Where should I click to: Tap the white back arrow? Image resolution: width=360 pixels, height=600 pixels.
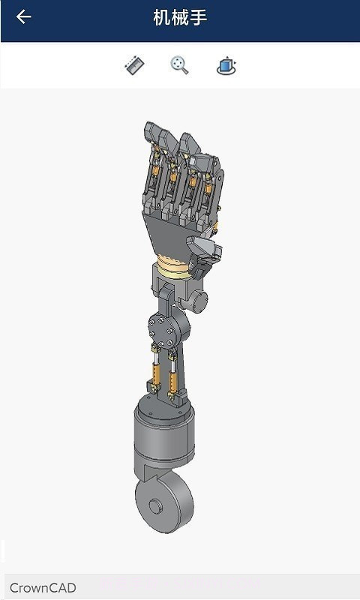pyautogui.click(x=24, y=17)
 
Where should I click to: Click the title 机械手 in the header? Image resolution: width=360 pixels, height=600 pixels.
pyautogui.click(x=180, y=18)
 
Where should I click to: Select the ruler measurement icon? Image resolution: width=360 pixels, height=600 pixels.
pyautogui.click(x=134, y=66)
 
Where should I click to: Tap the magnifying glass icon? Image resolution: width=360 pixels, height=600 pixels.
pyautogui.click(x=179, y=66)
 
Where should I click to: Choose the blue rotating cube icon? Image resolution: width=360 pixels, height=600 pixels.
pyautogui.click(x=226, y=66)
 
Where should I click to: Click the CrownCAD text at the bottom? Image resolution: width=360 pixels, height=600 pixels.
pyautogui.click(x=43, y=588)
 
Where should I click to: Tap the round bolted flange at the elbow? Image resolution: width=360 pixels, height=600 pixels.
pyautogui.click(x=160, y=327)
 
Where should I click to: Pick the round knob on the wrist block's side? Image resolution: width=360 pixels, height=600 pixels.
pyautogui.click(x=199, y=301)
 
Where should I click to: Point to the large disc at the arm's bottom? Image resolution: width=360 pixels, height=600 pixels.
pyautogui.click(x=164, y=505)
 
